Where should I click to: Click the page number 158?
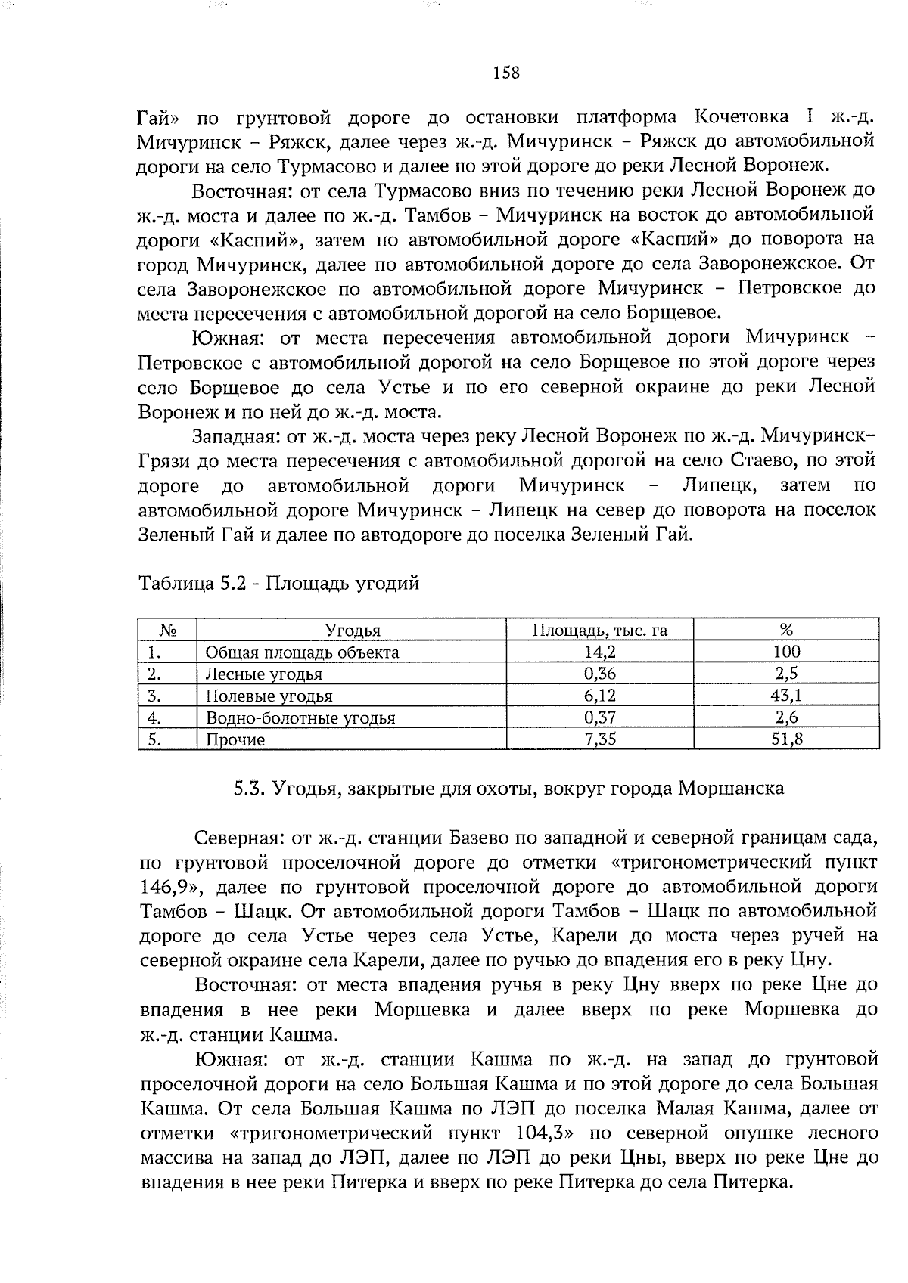click(506, 73)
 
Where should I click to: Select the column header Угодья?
click(352, 630)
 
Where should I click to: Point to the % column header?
click(786, 630)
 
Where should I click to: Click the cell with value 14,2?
click(601, 652)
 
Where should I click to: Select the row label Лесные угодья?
click(264, 674)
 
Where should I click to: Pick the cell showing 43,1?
click(786, 696)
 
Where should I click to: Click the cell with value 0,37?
click(601, 717)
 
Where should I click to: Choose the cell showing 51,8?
click(787, 739)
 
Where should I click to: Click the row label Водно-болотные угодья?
click(300, 717)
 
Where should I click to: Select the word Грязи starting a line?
click(164, 460)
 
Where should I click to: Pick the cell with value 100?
click(786, 652)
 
